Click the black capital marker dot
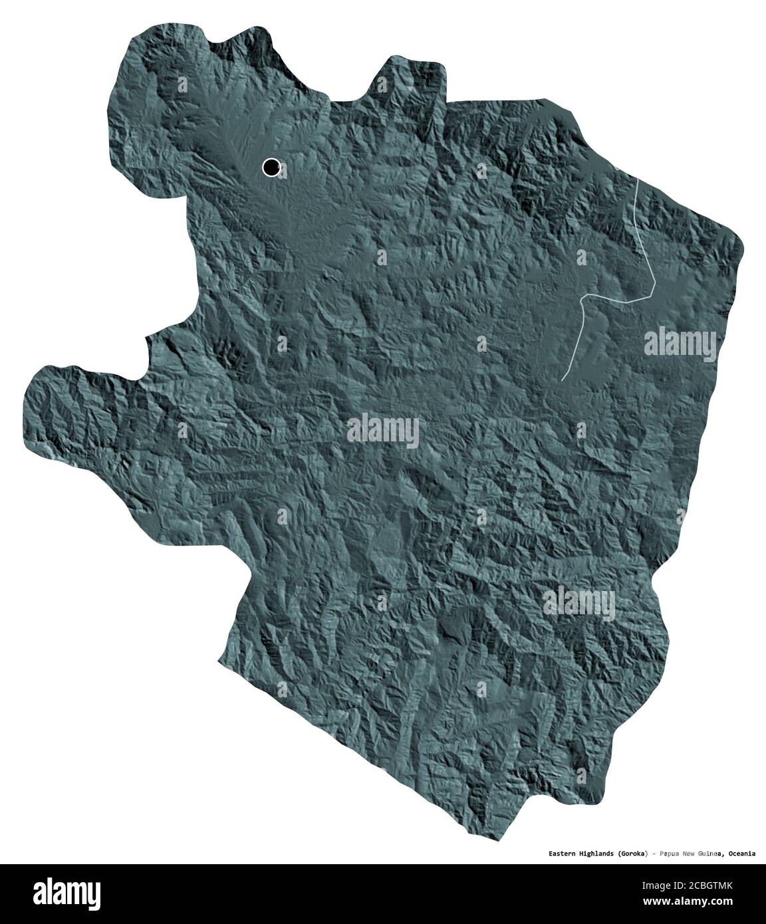click(x=271, y=168)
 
